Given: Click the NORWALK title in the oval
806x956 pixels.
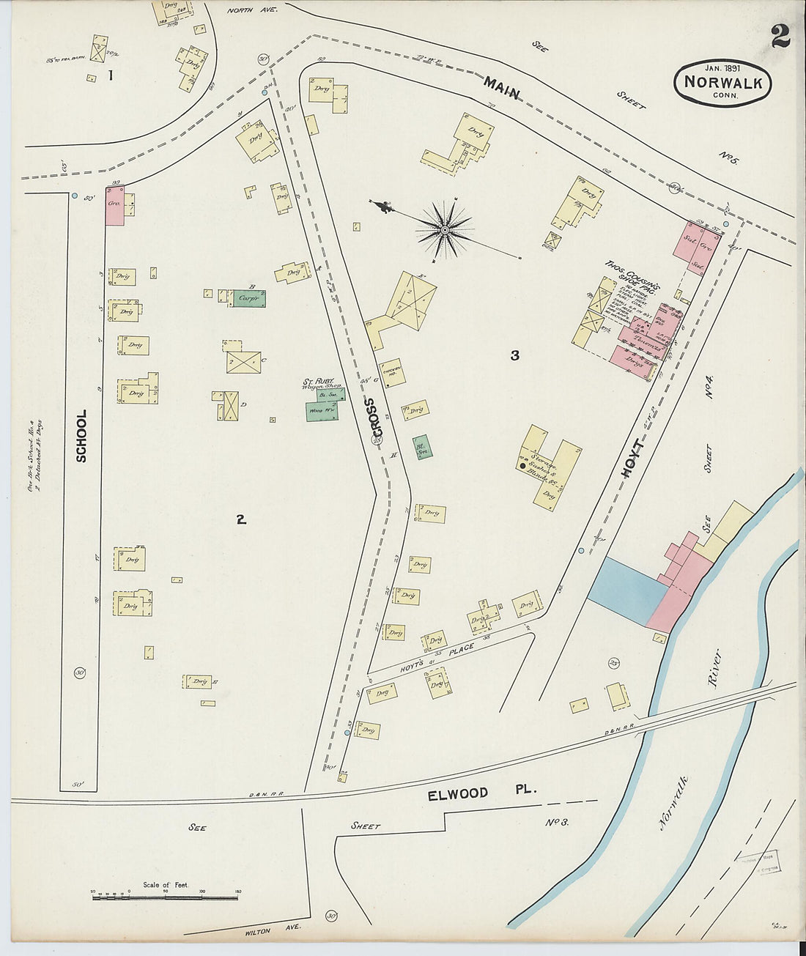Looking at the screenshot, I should pos(722,82).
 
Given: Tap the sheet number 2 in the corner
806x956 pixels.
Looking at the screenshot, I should pos(780,37).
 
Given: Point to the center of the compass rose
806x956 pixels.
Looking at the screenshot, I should pos(444,230).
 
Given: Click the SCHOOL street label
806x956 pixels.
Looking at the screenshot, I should pos(81,435).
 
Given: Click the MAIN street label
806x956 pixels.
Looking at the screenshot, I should pos(501,88).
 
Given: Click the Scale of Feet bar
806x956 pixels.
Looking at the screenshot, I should pos(166,895).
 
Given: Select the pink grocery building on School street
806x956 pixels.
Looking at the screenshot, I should pos(115,204).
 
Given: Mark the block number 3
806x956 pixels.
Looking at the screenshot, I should pos(515,355).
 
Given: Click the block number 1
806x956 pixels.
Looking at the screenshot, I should pos(111,75).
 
